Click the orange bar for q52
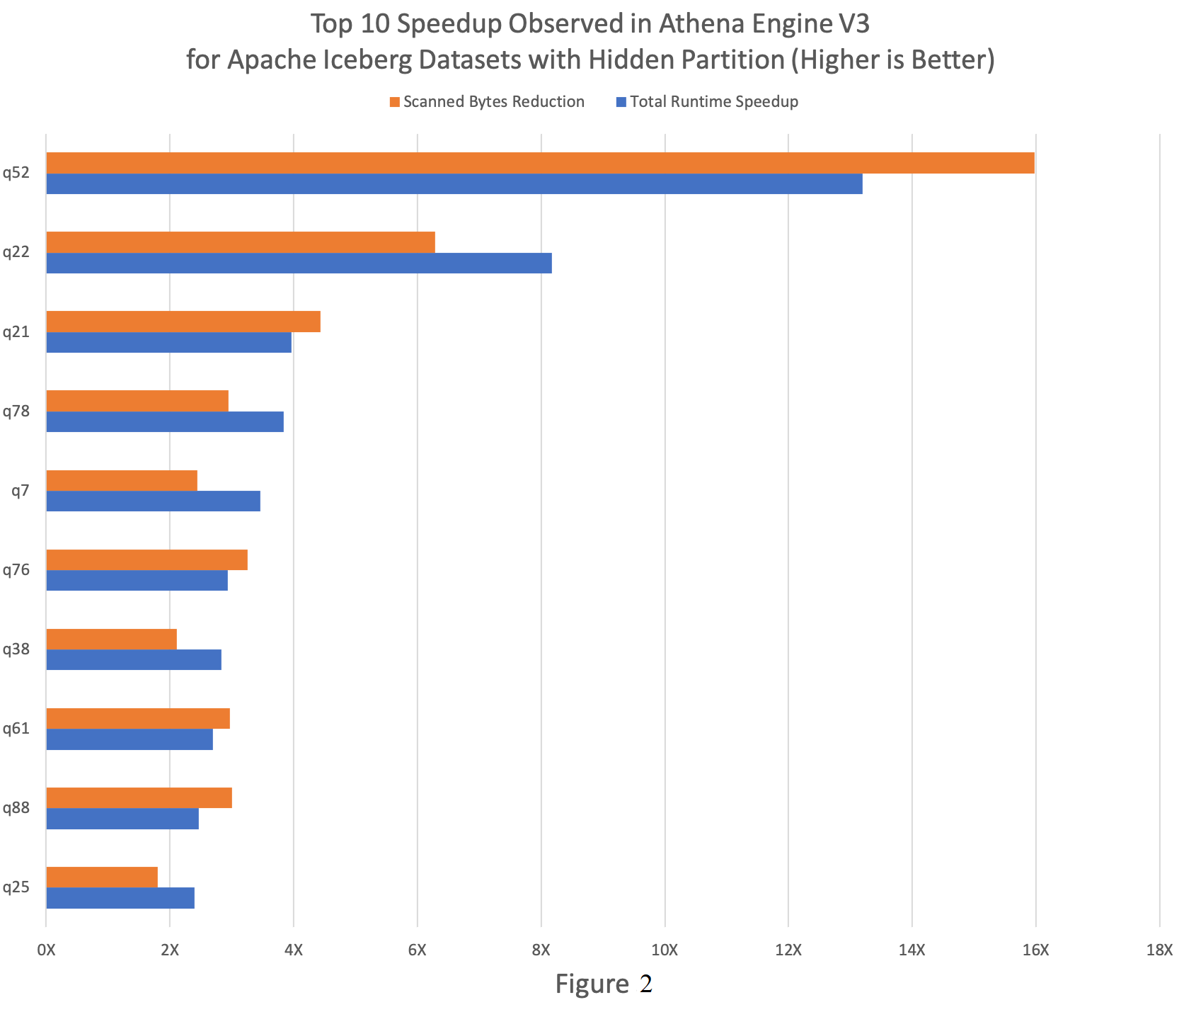click(540, 163)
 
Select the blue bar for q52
click(454, 184)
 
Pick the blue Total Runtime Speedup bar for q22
click(299, 263)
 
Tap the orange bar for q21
click(183, 322)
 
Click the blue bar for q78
click(165, 422)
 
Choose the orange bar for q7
click(122, 480)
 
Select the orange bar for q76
click(146, 559)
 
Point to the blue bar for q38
click(134, 660)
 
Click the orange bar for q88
click(139, 797)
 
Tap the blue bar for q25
click(120, 898)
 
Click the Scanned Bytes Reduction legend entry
click(487, 102)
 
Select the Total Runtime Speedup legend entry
click(707, 102)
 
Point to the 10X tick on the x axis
click(665, 950)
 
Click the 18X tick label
click(1159, 950)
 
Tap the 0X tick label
click(47, 950)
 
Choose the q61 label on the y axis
click(16, 728)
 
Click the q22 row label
click(16, 252)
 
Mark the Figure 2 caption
click(604, 984)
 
